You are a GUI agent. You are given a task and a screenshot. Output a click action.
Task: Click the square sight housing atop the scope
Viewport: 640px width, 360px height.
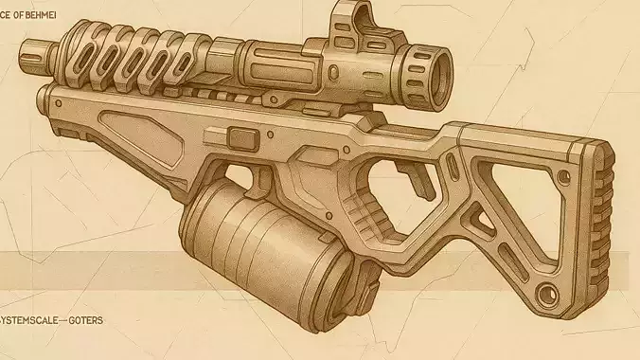tap(349, 23)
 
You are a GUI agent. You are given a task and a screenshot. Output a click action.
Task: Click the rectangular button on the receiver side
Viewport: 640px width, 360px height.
tap(243, 139)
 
